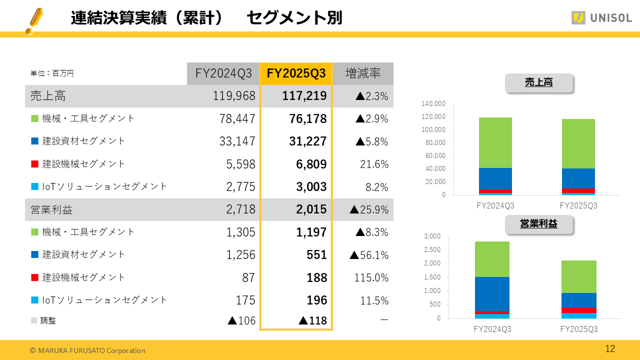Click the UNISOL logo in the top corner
pos(601,18)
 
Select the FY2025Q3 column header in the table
pos(296,73)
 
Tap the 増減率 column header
pos(363,73)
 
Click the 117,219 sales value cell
pos(304,96)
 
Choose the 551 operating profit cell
pos(316,255)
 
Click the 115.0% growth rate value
pos(371,277)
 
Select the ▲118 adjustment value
pos(312,320)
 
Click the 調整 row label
pos(48,320)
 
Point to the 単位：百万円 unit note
pos(52,73)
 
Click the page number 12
pos(610,349)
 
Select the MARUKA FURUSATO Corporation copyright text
pos(87,350)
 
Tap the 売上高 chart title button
pos(538,83)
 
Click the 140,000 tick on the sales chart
pos(433,104)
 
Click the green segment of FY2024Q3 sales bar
pos(495,142)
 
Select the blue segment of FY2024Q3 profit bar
pos(492,294)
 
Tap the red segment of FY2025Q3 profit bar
pos(578,310)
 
